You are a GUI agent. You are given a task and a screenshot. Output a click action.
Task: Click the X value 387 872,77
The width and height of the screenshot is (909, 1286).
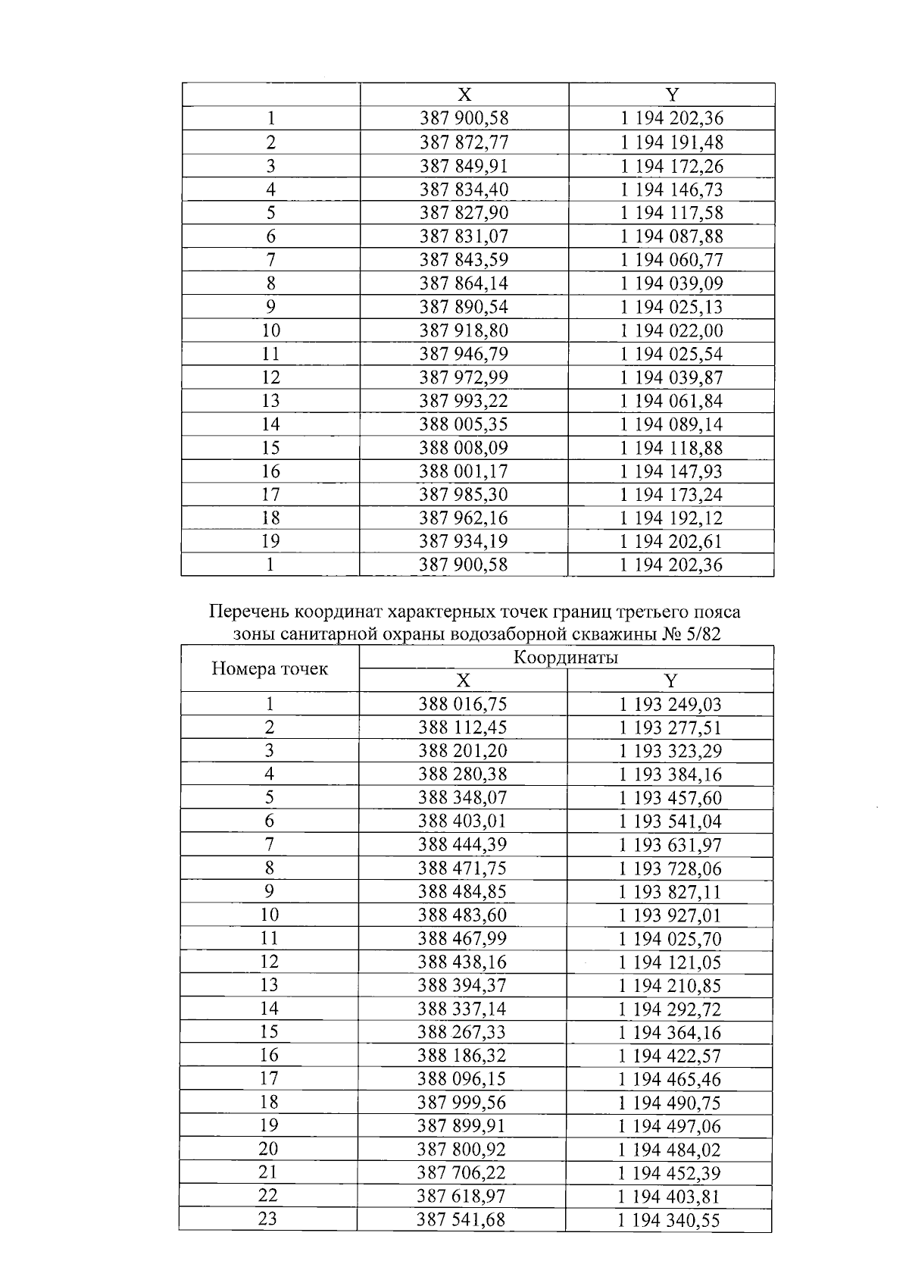(464, 142)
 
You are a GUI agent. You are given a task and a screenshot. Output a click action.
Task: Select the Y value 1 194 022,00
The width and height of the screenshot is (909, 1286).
(671, 330)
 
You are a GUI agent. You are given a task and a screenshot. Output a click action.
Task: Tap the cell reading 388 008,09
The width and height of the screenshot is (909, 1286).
(464, 448)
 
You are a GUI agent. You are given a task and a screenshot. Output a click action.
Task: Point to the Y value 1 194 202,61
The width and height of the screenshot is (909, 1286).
(671, 541)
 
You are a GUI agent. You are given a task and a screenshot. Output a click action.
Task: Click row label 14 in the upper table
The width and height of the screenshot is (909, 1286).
(270, 424)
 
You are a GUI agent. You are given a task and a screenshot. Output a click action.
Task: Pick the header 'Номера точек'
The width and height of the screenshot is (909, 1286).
(269, 668)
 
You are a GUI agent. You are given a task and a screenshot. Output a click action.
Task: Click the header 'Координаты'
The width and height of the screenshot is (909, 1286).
(565, 657)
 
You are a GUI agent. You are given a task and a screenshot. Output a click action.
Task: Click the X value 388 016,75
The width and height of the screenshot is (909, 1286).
(462, 704)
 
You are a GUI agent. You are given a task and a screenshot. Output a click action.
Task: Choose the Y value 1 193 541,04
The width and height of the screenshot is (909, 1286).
(670, 821)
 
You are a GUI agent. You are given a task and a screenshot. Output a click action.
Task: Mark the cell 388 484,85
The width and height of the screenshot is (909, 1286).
(462, 891)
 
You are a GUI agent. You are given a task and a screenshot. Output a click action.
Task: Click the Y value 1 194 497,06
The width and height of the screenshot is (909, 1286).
(670, 1126)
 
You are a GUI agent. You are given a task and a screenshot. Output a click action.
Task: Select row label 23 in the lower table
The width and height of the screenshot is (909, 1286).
(268, 1219)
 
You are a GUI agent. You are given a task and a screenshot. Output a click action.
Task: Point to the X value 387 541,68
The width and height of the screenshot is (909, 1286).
(461, 1220)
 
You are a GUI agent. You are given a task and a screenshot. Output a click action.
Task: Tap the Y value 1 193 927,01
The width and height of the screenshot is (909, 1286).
(670, 915)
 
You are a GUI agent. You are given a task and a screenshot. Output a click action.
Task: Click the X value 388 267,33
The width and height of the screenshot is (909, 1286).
(462, 1032)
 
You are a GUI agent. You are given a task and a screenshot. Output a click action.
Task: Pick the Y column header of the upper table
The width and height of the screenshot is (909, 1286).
(672, 95)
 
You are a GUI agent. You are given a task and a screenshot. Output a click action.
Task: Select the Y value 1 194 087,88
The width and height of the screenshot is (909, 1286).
(671, 236)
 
